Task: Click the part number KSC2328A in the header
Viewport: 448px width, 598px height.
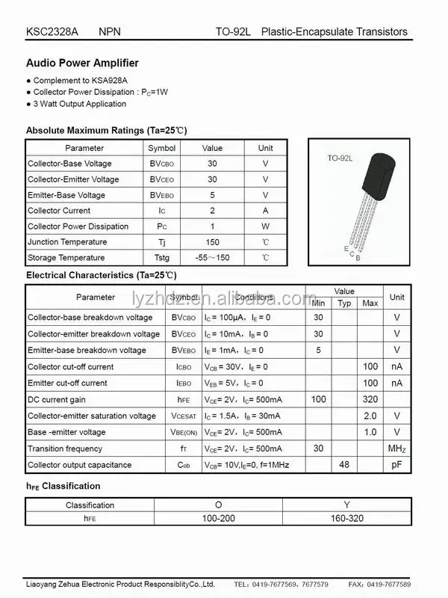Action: tap(51, 32)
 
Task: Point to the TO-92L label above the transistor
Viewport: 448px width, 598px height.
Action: tap(340, 158)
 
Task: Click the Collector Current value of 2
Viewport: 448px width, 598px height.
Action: tap(212, 211)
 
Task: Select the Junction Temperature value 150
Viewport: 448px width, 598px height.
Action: tap(212, 242)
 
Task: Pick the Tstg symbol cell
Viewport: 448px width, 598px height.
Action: tap(161, 258)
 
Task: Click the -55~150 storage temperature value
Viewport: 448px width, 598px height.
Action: tap(212, 258)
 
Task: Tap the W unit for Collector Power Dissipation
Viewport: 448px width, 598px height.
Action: tap(265, 226)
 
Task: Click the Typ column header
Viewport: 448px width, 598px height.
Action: tap(344, 303)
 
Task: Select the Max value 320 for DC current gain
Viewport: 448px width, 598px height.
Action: tap(370, 400)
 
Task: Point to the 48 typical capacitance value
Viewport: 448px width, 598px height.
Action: tap(344, 465)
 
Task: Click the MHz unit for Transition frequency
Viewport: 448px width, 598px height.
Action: tap(396, 449)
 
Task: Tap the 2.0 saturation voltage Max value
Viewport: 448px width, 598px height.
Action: tap(370, 416)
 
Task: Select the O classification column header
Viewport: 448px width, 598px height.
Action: tap(218, 505)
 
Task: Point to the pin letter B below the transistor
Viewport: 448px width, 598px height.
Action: tap(358, 258)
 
